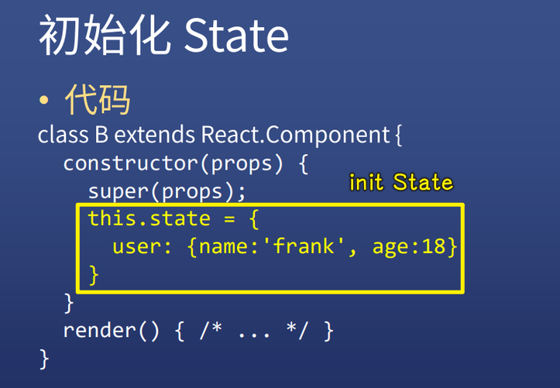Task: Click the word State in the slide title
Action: (x=236, y=36)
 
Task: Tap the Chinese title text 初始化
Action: (x=104, y=36)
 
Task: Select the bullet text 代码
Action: (x=98, y=100)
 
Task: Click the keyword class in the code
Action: (x=62, y=135)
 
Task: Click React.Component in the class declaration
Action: (x=295, y=135)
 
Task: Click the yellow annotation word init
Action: (x=367, y=183)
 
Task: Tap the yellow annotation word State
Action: (x=423, y=183)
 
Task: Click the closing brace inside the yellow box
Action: (x=94, y=275)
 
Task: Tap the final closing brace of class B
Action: (x=44, y=359)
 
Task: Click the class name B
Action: (x=101, y=135)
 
